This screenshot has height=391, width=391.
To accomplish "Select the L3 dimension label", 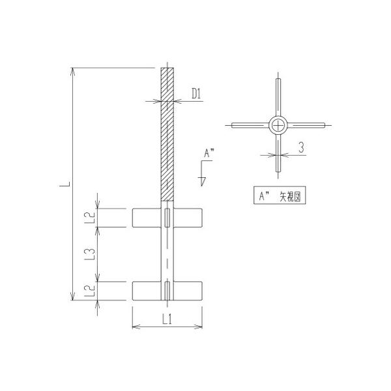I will tap(91, 252).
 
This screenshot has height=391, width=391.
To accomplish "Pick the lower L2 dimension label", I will tap(91, 289).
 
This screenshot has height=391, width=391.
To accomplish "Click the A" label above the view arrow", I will tap(209, 153).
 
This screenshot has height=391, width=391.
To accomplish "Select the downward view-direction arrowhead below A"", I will tap(203, 181).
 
